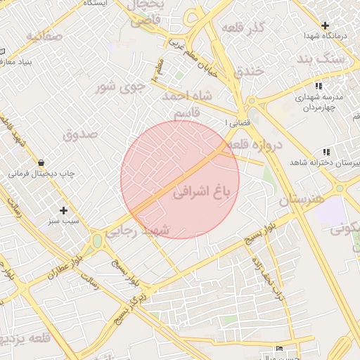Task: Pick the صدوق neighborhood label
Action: pyautogui.click(x=78, y=134)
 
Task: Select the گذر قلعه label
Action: pyautogui.click(x=243, y=27)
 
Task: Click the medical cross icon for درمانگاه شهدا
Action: pyautogui.click(x=324, y=25)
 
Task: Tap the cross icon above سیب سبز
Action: pyautogui.click(x=64, y=210)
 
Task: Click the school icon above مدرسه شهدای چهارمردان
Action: pyautogui.click(x=319, y=86)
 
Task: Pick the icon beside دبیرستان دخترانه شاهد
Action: pyautogui.click(x=326, y=152)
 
